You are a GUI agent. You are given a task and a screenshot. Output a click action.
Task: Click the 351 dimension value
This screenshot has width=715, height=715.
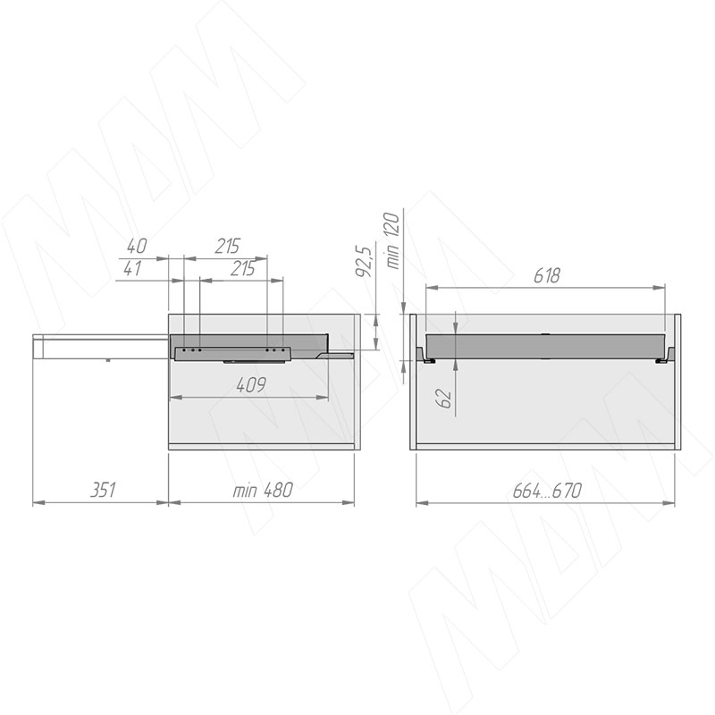[x=103, y=490]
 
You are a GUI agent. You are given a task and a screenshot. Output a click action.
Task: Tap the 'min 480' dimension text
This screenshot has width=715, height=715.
[x=263, y=490]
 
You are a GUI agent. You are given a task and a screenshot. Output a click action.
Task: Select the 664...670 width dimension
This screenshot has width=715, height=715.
[x=547, y=491]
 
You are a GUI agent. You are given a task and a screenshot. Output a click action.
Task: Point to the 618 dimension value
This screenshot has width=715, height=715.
[x=547, y=276]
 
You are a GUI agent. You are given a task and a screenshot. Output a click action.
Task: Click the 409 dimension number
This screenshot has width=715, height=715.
[x=251, y=385]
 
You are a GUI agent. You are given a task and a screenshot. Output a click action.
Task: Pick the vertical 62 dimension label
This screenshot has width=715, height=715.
[x=444, y=398]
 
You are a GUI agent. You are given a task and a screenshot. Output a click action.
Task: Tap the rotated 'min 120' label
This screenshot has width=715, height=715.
[x=392, y=240]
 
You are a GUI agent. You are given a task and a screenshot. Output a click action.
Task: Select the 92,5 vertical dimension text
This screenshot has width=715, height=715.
[x=364, y=261]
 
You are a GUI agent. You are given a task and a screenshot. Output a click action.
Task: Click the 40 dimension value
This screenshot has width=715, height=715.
[x=137, y=247]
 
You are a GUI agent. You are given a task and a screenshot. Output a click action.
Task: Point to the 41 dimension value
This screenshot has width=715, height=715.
[x=132, y=268]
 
